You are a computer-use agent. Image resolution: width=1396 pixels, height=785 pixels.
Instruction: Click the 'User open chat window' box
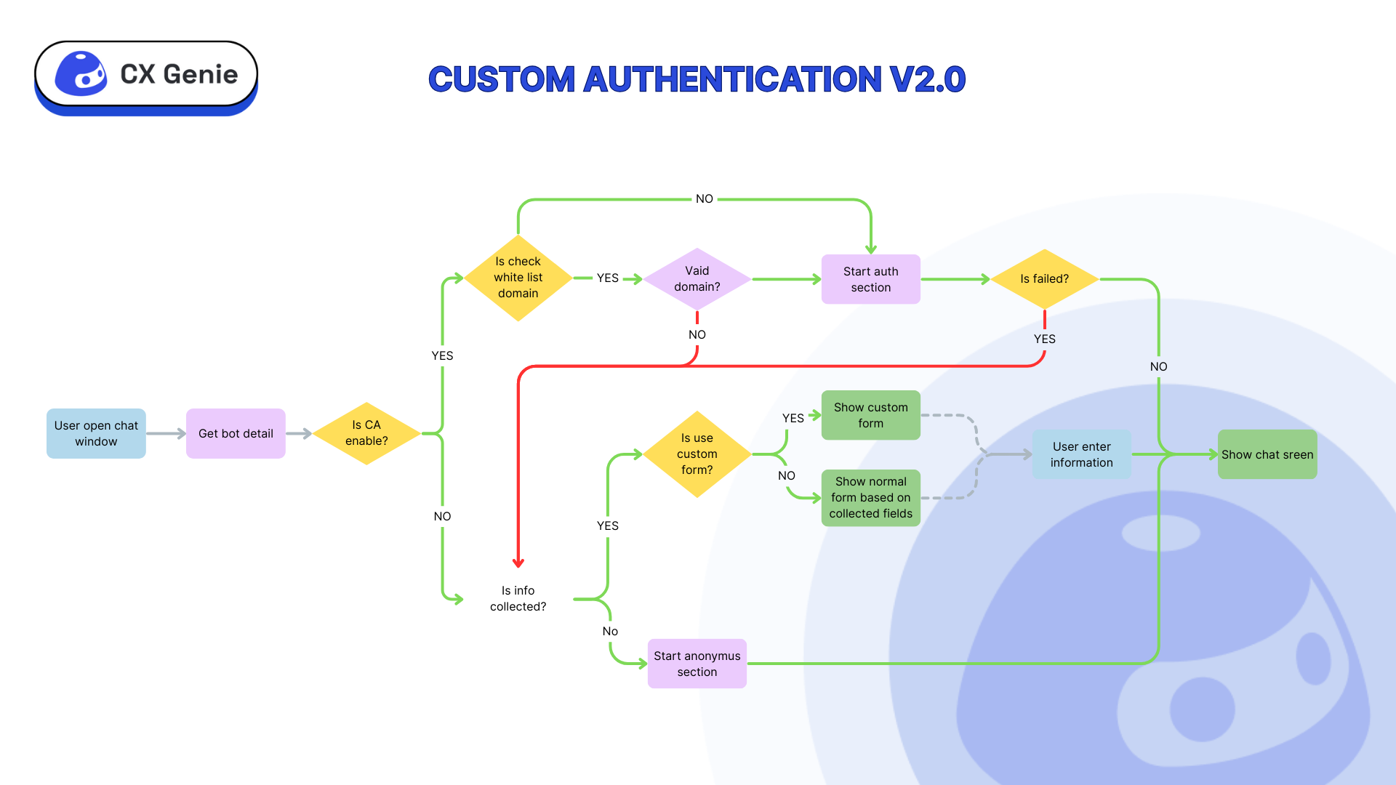(x=96, y=433)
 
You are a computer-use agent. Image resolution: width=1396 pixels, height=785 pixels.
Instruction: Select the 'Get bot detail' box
(x=236, y=433)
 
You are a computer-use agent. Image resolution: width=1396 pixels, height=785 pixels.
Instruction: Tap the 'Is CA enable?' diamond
(x=366, y=433)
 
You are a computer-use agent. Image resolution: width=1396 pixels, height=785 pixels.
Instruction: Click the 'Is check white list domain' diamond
(x=518, y=278)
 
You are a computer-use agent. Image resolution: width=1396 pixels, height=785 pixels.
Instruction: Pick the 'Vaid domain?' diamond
(x=697, y=279)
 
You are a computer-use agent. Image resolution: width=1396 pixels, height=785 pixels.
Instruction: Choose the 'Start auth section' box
(x=870, y=279)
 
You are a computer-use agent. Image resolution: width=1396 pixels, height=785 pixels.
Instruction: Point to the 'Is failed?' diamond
(x=1044, y=279)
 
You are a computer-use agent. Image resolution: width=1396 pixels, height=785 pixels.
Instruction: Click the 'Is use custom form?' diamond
(x=697, y=454)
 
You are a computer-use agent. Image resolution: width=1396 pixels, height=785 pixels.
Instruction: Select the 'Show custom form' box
(x=870, y=415)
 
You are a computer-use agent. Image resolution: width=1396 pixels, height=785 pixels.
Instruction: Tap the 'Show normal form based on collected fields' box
(x=870, y=498)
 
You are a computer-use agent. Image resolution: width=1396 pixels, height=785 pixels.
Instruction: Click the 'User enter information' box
(x=1081, y=454)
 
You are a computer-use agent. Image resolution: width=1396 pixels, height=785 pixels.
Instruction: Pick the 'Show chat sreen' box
(x=1267, y=454)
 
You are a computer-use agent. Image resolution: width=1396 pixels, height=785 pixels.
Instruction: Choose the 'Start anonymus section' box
(x=697, y=664)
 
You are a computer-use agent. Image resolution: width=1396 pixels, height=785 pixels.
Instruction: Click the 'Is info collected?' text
(x=518, y=599)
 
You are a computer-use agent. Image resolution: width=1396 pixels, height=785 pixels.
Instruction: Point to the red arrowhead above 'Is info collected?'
(x=518, y=563)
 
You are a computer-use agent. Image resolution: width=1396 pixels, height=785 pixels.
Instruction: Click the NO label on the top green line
(x=704, y=199)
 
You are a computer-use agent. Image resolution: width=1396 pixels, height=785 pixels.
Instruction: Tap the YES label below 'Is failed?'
(x=1044, y=339)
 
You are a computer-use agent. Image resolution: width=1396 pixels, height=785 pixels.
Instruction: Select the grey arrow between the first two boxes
(x=166, y=434)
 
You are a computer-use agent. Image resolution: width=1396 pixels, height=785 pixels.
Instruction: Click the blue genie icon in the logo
(x=81, y=74)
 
